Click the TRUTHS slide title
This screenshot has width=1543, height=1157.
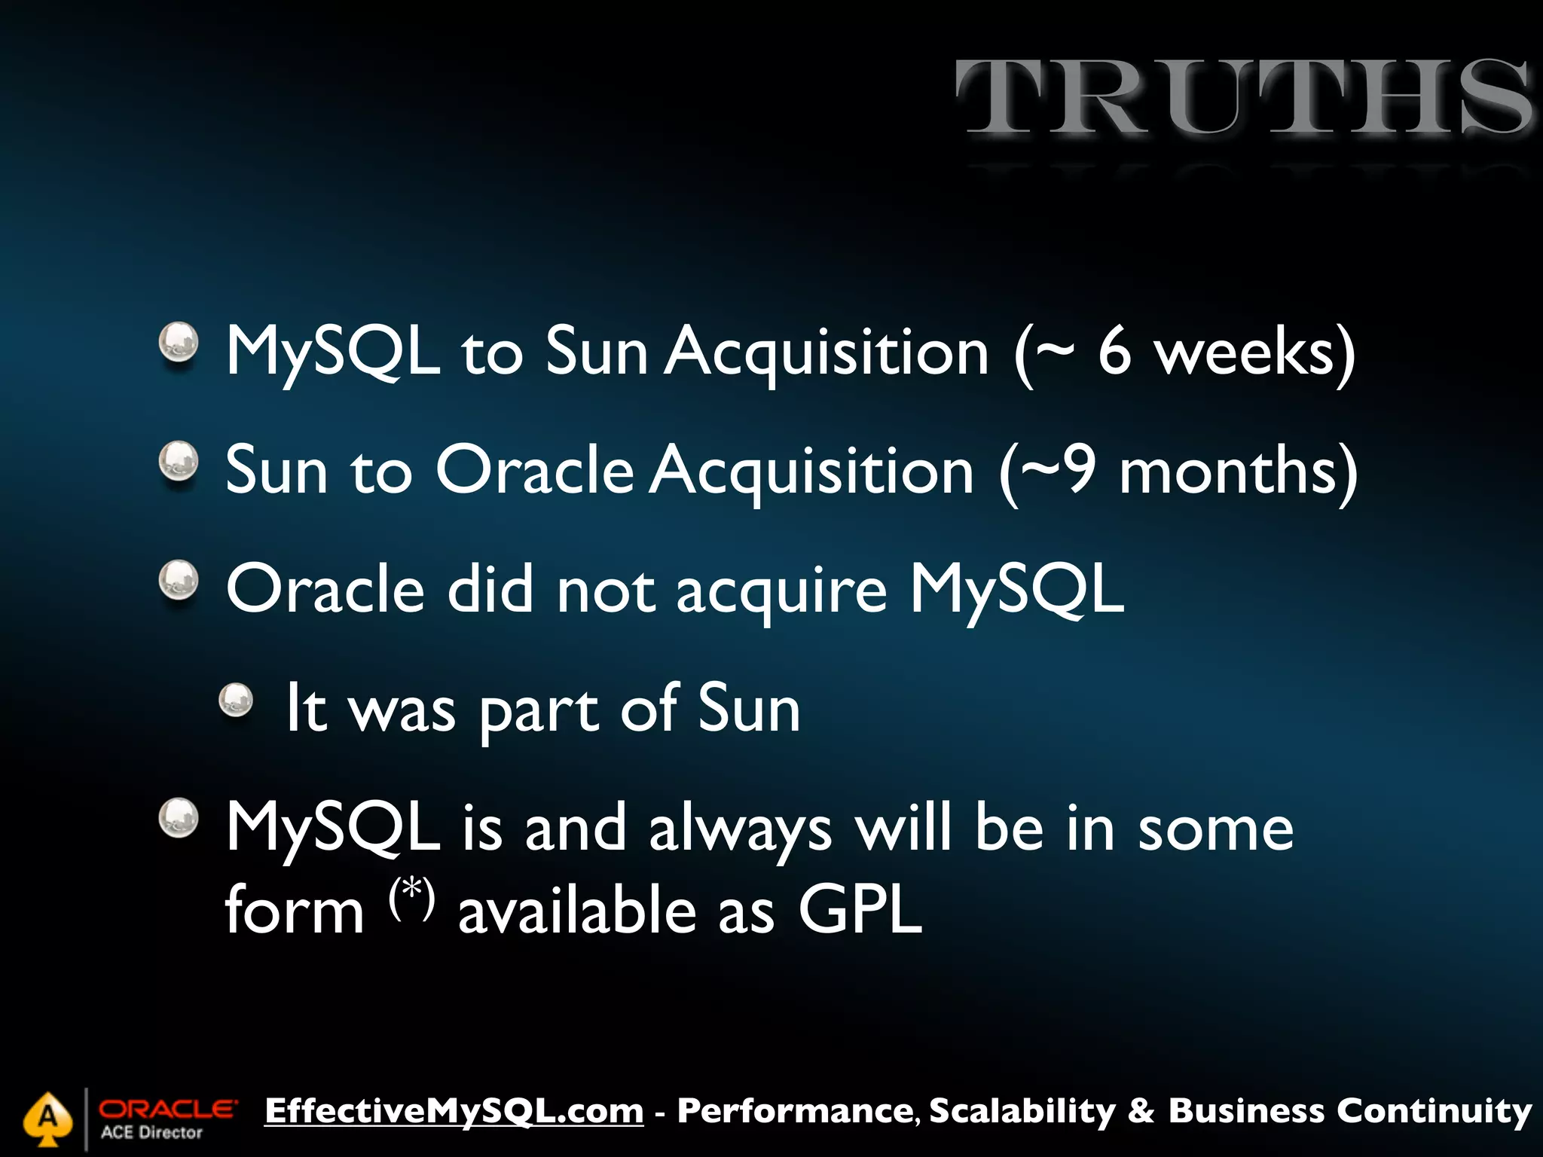point(1243,98)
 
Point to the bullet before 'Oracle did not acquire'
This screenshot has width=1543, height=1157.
point(179,580)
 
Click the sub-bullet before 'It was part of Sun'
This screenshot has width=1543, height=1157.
point(236,700)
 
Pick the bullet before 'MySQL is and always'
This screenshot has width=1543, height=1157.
point(179,818)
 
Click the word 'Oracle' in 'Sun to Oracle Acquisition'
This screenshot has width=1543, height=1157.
point(534,471)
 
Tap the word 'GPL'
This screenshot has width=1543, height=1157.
point(860,911)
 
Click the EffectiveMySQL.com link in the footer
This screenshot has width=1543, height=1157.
point(454,1111)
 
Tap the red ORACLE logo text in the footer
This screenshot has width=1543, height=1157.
point(167,1109)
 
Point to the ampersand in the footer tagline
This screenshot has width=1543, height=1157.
point(1141,1111)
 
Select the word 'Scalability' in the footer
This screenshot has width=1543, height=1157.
point(1022,1111)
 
